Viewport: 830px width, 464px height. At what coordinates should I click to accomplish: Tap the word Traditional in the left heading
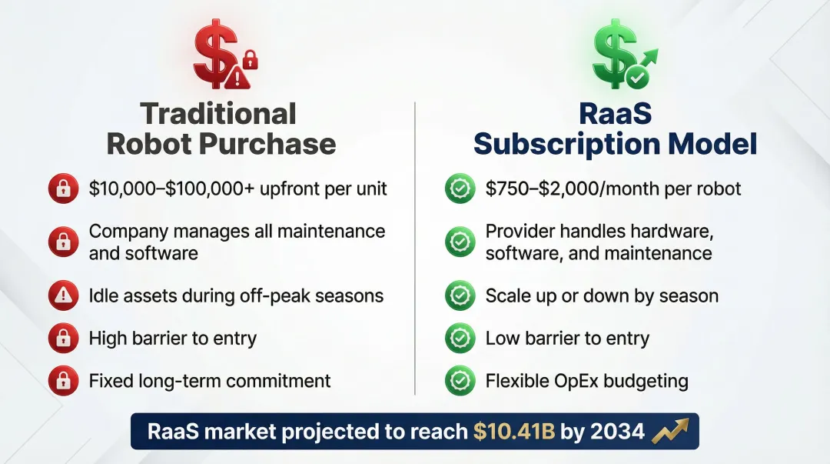pyautogui.click(x=219, y=114)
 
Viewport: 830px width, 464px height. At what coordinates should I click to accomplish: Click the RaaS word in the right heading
pyautogui.click(x=615, y=114)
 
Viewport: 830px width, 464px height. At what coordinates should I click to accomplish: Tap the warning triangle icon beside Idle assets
pyautogui.click(x=62, y=295)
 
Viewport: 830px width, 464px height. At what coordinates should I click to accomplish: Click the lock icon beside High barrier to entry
pyautogui.click(x=62, y=338)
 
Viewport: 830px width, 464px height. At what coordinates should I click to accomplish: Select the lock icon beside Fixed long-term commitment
pyautogui.click(x=62, y=380)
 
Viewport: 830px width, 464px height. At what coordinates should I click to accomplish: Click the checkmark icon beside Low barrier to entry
pyautogui.click(x=460, y=338)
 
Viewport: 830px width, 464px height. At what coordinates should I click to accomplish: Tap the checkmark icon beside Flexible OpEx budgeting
pyautogui.click(x=460, y=380)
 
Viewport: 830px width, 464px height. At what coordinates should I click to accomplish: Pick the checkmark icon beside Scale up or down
pyautogui.click(x=460, y=295)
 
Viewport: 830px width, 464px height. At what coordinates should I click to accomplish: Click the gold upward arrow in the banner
pyautogui.click(x=670, y=432)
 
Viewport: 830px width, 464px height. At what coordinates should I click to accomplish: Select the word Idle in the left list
pyautogui.click(x=104, y=295)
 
